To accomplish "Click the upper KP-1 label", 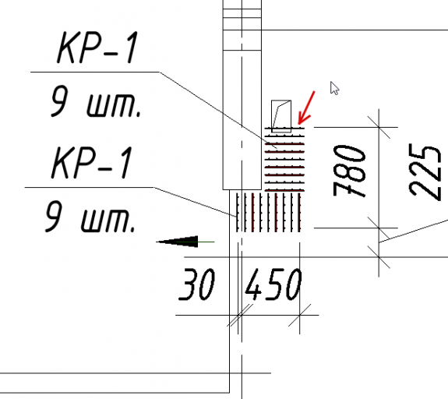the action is tap(97, 48).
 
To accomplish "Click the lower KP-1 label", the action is tap(92, 163).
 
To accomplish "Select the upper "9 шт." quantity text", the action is tap(96, 102).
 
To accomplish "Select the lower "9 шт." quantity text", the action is tap(90, 216).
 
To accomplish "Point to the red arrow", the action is tap(306, 108).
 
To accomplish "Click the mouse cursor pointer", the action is tap(334, 88).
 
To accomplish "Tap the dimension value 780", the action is tap(349, 171).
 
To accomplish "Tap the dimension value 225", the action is tap(425, 171).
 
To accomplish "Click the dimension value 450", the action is tap(273, 284).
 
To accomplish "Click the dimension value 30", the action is tap(196, 284).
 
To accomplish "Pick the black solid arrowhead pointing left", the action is tap(178, 242).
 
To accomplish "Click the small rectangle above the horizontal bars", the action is tap(281, 116).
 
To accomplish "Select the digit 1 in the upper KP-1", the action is tap(132, 48).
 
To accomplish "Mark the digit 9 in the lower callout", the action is tap(53, 216).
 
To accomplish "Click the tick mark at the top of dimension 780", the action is tap(379, 127).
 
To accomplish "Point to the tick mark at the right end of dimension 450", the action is tap(299, 315).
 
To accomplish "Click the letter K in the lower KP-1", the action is tap(63, 163).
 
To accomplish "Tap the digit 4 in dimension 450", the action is tap(254, 284).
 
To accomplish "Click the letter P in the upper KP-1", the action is tap(93, 48).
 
